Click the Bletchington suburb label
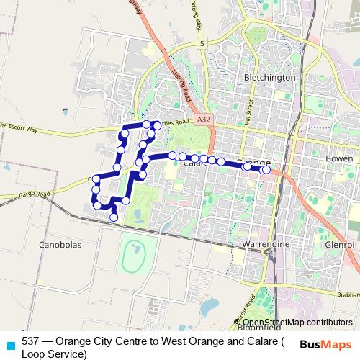click(270, 77)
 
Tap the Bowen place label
click(339, 157)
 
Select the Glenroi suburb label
click(340, 245)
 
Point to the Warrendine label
click(267, 245)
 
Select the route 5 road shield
click(203, 44)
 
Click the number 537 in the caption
click(30, 341)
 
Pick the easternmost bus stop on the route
click(266, 170)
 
